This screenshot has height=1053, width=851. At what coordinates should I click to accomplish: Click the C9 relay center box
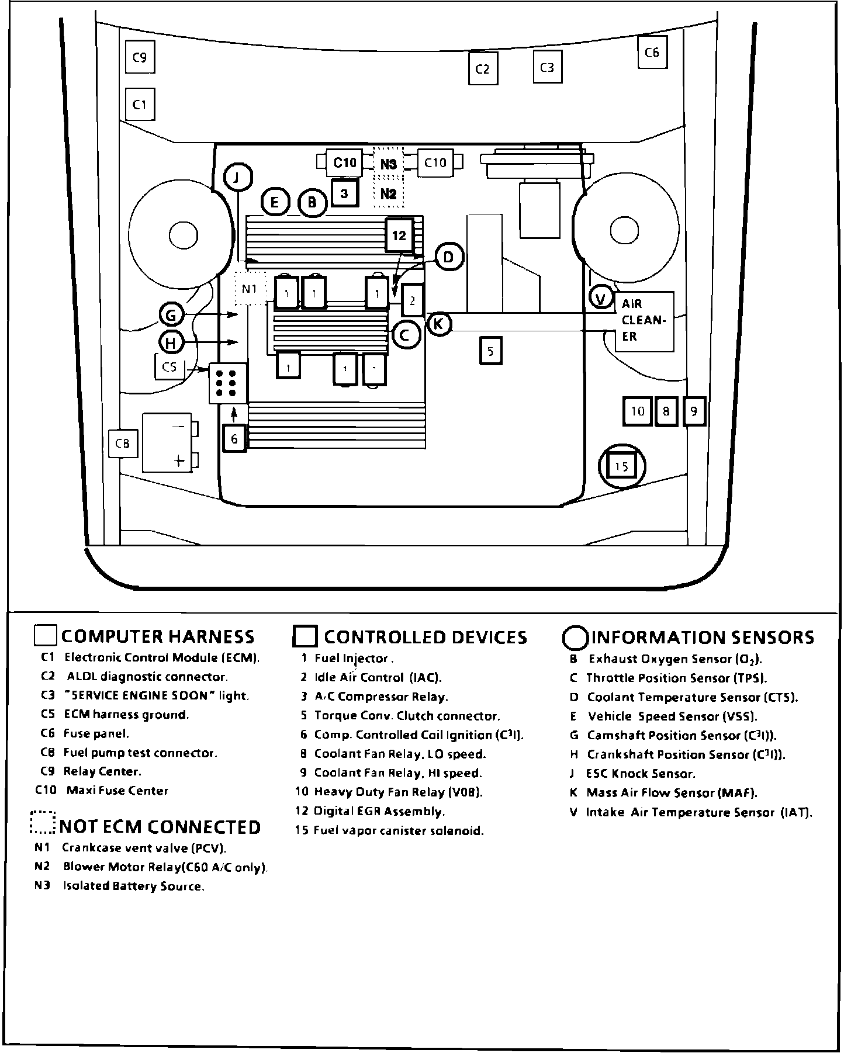tap(140, 57)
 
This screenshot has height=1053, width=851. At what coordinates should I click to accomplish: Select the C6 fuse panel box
tap(652, 53)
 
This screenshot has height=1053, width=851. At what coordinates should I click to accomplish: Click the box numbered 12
tap(399, 235)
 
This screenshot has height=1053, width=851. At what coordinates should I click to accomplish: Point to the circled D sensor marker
tap(449, 257)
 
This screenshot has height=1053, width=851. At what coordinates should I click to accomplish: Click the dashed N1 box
tap(250, 288)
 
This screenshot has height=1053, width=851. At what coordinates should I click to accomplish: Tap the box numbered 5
tap(490, 351)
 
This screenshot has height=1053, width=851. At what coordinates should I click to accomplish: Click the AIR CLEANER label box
tap(644, 321)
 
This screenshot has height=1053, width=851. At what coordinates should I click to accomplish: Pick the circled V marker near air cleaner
tap(600, 299)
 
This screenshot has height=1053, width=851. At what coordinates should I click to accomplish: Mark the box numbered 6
tap(234, 438)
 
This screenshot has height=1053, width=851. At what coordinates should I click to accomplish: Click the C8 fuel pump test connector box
tap(122, 444)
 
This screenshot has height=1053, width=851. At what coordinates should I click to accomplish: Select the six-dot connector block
tap(227, 383)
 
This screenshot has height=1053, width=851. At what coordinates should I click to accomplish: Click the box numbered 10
tap(637, 411)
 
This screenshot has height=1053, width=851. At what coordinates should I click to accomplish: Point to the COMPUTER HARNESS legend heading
tap(158, 636)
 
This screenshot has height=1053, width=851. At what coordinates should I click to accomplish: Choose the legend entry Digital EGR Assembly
tap(379, 811)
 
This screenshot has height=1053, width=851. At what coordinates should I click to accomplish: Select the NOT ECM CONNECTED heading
tap(160, 827)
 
